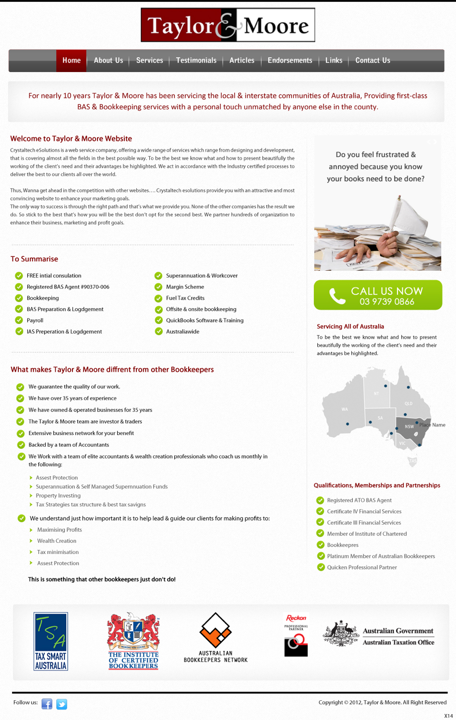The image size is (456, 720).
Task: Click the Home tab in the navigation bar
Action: pos(72,60)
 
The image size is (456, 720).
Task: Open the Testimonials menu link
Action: pos(196,60)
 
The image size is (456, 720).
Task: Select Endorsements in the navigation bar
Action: pos(290,60)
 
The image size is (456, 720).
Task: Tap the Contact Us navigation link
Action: pos(372,60)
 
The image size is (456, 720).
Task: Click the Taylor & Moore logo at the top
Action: pos(228,25)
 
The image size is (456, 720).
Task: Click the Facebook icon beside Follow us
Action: pos(47,704)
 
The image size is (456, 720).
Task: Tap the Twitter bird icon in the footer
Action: pos(61,704)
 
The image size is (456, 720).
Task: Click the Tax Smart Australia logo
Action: pos(51,641)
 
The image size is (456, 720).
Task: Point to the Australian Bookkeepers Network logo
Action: pos(216,637)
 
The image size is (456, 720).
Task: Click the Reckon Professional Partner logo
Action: pos(296,637)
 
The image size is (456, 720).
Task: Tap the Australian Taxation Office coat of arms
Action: pos(341,634)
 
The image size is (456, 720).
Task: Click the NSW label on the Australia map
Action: pos(409,426)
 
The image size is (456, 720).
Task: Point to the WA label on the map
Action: pos(345,409)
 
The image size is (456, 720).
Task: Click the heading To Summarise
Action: pos(34,259)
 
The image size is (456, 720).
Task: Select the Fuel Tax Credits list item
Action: pos(185,298)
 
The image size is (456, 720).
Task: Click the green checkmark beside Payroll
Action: pos(19,320)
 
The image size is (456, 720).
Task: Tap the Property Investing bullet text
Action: pos(58,496)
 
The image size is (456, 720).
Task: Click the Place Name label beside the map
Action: pos(432,425)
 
